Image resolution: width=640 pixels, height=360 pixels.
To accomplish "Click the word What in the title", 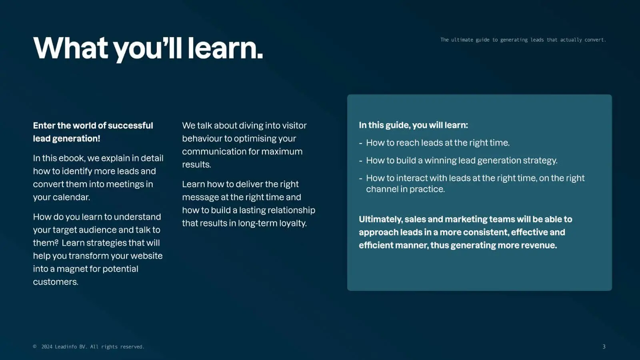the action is (x=70, y=48).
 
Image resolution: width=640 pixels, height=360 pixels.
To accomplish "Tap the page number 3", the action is (x=604, y=346).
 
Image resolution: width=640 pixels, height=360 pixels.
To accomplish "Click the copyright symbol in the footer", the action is (x=35, y=346).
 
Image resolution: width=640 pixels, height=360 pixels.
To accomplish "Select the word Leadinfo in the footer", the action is (x=66, y=346).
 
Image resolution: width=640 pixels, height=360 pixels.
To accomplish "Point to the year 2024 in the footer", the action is (x=47, y=346).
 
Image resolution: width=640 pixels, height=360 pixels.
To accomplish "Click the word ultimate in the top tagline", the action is (x=462, y=40).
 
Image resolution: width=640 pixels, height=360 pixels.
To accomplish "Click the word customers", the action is (x=56, y=282).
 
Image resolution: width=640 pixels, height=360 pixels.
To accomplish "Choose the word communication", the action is (x=214, y=152).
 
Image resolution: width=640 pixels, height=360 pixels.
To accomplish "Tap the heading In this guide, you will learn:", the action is (x=414, y=125).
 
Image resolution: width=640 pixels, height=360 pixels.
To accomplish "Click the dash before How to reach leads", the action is (x=360, y=143).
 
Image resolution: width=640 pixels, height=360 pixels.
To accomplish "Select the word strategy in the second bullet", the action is (x=540, y=160).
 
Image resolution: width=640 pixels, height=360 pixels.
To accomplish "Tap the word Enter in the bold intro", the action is (x=44, y=126).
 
